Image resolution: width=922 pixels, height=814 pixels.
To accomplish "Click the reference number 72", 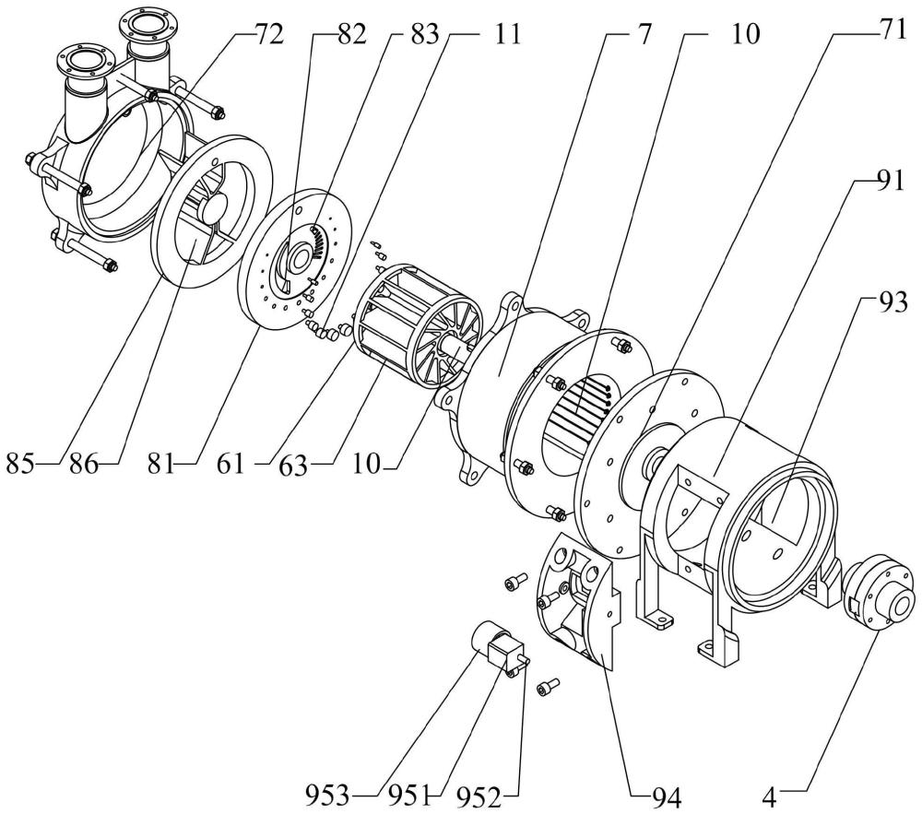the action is [268, 35].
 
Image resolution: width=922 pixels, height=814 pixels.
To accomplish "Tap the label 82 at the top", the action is [351, 35].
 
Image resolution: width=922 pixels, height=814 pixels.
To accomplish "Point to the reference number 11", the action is [506, 35].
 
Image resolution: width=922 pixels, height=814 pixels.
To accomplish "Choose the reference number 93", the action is [892, 304].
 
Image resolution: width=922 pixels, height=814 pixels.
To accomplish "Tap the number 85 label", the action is [20, 464].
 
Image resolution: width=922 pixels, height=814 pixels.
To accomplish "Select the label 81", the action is [161, 464].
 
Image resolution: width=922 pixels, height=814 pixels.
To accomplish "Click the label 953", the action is [327, 796].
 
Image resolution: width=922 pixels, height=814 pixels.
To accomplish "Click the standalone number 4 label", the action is [769, 797].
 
